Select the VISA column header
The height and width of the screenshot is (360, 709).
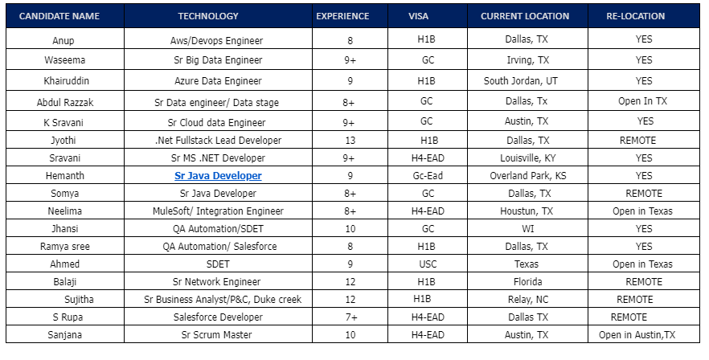coord(419,16)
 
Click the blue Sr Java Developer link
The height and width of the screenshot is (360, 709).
coord(218,176)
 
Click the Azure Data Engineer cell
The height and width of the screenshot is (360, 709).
coord(218,81)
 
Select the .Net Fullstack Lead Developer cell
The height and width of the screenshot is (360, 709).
coord(218,140)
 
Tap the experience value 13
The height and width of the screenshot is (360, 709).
coord(349,140)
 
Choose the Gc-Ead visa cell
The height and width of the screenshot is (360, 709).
coord(427,176)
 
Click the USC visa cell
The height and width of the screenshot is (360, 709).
coord(427,264)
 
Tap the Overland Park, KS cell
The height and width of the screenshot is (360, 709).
coord(527,176)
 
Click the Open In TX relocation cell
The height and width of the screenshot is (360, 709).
coord(642,102)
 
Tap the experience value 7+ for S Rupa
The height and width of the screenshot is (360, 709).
coord(348,317)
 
